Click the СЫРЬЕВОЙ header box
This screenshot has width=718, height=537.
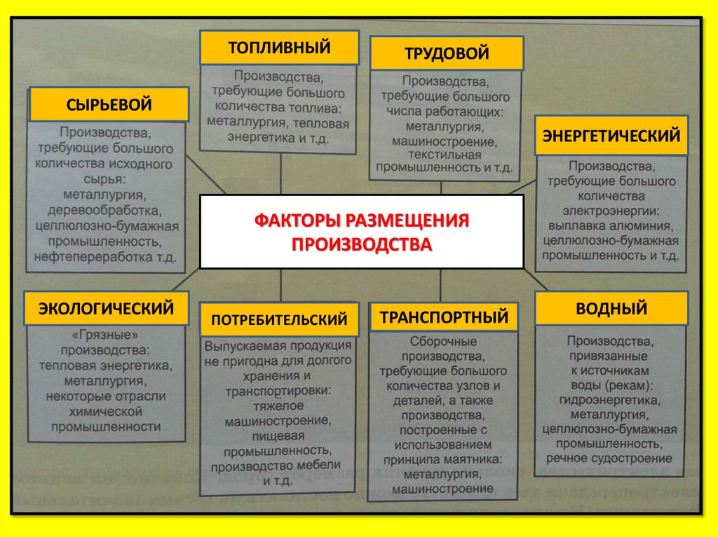(109, 104)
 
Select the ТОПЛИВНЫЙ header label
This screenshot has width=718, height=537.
(279, 48)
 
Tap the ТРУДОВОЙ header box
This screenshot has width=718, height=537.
(446, 54)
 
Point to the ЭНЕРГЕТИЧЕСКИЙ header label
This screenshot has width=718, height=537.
(611, 135)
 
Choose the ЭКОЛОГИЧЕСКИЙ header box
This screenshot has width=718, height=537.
(106, 308)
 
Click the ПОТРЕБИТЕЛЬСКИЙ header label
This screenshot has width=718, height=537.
(278, 320)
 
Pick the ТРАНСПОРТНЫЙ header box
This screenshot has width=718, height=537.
(444, 317)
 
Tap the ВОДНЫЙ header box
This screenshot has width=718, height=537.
(611, 308)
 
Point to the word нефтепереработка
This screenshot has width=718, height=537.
(95, 257)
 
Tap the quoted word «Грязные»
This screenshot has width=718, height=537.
(105, 335)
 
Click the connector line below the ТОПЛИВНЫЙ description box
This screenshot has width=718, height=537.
(280, 172)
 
